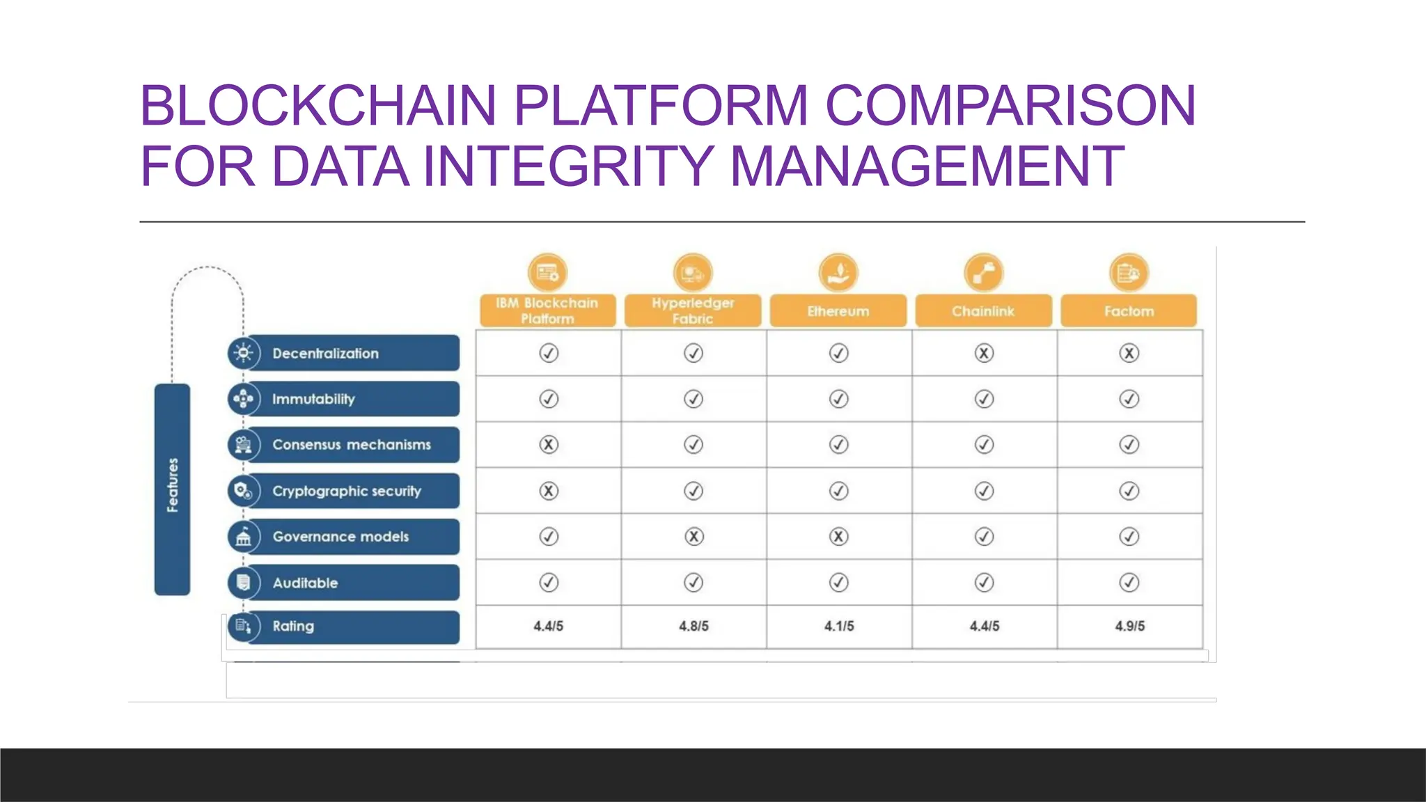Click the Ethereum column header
[838, 311]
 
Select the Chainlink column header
[983, 311]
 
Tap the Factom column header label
[1129, 311]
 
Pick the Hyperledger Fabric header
[693, 310]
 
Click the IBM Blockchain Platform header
[547, 310]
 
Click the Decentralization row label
[326, 354]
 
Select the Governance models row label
[341, 537]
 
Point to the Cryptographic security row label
[347, 491]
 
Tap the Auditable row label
[306, 583]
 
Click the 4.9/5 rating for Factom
[1129, 626]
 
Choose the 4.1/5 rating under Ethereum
[839, 626]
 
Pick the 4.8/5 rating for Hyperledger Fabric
[694, 626]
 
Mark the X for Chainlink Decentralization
[984, 354]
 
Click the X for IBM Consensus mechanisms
[549, 445]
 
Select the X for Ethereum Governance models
[839, 537]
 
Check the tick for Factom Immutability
[1129, 399]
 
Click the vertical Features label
[173, 485]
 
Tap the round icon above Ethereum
[838, 272]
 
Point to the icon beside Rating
[243, 626]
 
